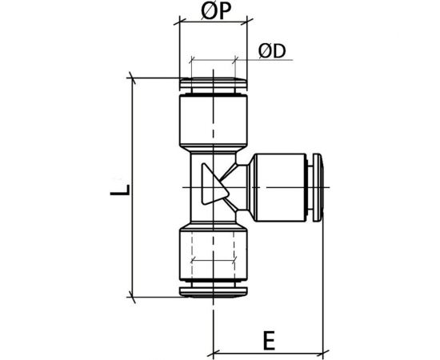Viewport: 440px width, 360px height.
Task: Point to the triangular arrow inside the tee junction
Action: point(214,186)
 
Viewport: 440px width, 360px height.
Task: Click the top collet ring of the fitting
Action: point(214,84)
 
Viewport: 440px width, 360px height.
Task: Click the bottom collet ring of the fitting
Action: point(214,290)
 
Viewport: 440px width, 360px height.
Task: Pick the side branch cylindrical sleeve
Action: point(276,186)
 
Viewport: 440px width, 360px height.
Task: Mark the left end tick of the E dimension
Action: point(214,352)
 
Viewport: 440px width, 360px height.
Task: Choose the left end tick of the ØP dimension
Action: point(178,24)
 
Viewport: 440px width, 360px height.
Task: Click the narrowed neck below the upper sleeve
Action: point(214,150)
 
